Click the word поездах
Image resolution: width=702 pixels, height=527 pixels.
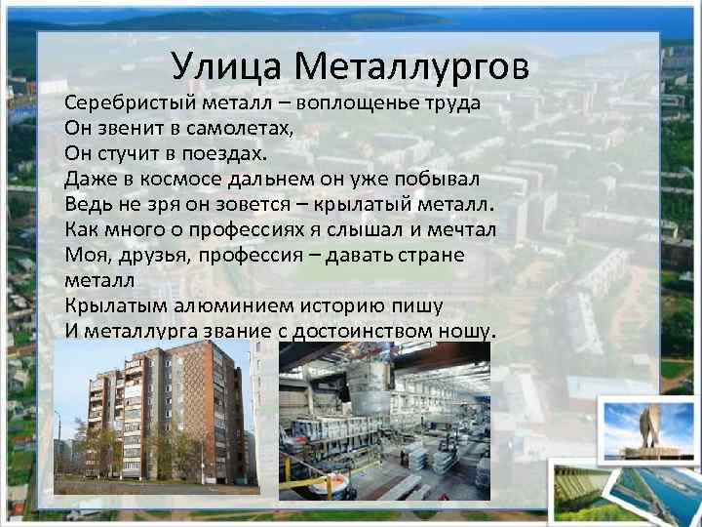pos(222,153)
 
